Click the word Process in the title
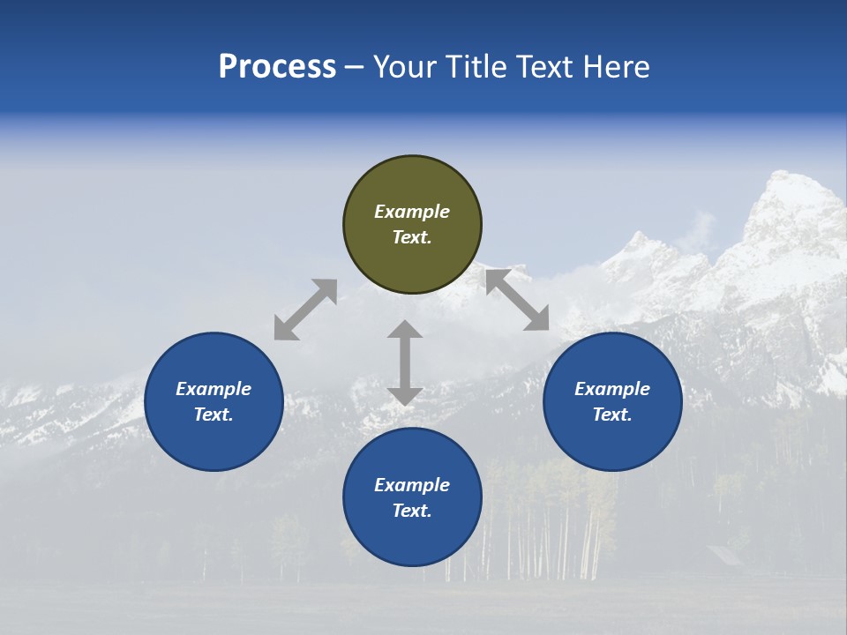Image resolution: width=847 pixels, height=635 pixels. [x=277, y=67]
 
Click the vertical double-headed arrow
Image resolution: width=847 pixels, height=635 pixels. [x=405, y=362]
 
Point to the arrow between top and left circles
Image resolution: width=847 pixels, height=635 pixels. [x=305, y=310]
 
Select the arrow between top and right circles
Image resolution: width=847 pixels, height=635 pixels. [x=518, y=300]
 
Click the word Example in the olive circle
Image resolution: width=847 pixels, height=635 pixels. [x=412, y=212]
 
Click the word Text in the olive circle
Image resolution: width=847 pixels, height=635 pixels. [x=411, y=237]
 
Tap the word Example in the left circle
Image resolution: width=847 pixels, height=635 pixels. [x=214, y=389]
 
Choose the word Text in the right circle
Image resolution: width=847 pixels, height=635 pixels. [x=611, y=415]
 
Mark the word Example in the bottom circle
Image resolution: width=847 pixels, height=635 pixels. [x=412, y=485]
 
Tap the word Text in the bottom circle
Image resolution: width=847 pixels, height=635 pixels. [x=411, y=511]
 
